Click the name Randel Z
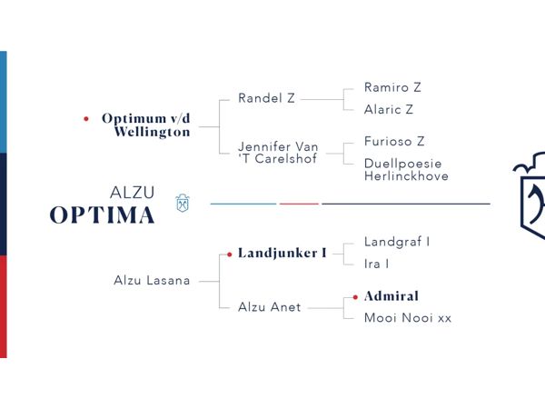[266, 98]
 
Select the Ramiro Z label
[392, 87]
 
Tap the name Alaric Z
[389, 110]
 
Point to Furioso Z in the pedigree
[394, 141]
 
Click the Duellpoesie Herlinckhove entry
[406, 170]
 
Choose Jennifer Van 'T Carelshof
[278, 153]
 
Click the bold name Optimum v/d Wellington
[146, 125]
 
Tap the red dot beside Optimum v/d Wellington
[86, 119]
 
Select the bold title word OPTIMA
[102, 214]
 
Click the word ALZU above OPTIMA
[132, 193]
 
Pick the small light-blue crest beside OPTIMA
[183, 203]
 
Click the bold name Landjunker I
[282, 253]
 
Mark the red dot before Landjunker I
[230, 254]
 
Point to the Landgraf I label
[397, 242]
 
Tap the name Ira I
[376, 264]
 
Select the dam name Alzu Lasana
[152, 280]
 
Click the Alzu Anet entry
[270, 307]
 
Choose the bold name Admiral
[391, 296]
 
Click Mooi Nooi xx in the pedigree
[408, 318]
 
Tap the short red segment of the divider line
[299, 204]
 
